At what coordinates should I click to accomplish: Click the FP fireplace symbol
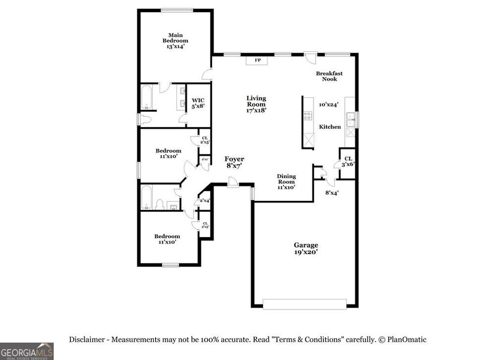point(258,60)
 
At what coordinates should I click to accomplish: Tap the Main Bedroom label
point(175,41)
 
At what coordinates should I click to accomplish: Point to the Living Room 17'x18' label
point(256,104)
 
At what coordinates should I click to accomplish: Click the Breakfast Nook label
point(329,76)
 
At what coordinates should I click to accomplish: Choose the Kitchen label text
point(330,127)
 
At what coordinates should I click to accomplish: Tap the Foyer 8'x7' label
point(234,162)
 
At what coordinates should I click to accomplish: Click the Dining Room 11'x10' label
point(286,181)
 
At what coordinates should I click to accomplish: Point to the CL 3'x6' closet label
point(348,161)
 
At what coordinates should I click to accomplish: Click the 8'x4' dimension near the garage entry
point(332,193)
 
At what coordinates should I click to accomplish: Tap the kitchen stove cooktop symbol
point(307,115)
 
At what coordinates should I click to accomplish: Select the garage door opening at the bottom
point(305,304)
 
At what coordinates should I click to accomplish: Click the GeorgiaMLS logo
point(27,351)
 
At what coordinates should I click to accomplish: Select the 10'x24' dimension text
point(328,104)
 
